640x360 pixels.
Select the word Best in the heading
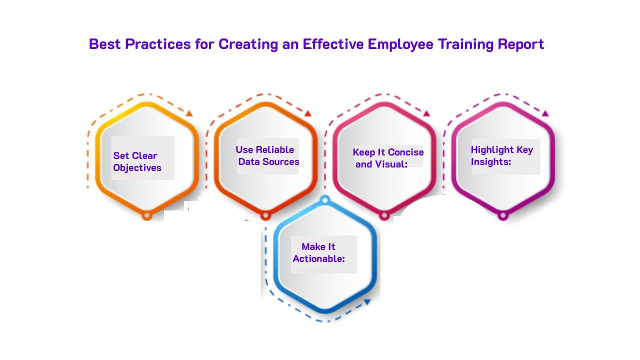coord(105,44)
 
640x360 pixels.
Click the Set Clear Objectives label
coord(137,161)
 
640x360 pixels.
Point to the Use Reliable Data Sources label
coord(267,155)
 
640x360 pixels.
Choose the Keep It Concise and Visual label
coord(388,158)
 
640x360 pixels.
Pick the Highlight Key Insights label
coord(502,155)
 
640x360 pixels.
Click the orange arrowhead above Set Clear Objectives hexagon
coord(189,113)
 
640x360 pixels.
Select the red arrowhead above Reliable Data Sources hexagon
coord(308,113)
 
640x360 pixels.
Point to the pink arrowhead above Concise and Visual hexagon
coord(426,113)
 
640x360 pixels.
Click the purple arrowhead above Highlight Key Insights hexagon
coord(545,113)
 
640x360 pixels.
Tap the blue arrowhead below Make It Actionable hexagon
coord(367,301)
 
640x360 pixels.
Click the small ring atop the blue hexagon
coord(325,200)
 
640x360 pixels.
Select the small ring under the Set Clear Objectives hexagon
coord(146,215)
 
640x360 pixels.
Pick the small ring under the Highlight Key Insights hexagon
coord(503,215)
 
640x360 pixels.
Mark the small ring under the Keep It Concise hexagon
coord(384,215)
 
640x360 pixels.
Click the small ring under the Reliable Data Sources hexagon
coord(265,215)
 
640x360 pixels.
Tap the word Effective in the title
coord(333,44)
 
